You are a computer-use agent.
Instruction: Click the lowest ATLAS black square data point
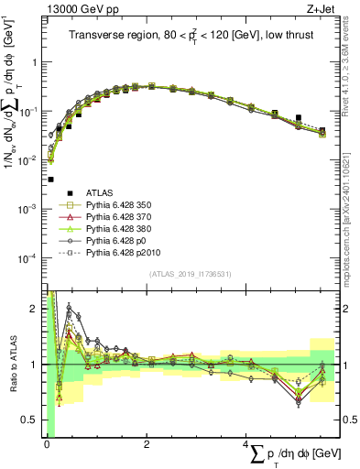tap(50, 180)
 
